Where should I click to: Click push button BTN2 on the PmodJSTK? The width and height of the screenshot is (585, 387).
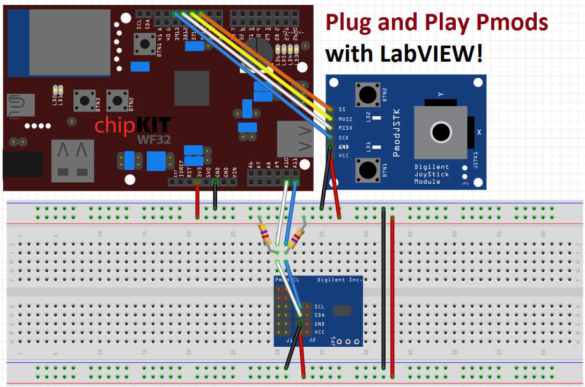367,94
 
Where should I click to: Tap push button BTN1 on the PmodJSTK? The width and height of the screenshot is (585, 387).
367,170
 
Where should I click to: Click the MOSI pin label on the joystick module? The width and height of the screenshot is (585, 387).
346,118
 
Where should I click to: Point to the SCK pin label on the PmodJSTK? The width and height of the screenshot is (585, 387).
345,137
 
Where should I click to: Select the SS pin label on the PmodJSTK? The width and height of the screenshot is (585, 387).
342,109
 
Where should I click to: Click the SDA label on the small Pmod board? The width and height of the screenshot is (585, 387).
320,315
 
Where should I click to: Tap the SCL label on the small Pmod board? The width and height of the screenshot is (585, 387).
320,307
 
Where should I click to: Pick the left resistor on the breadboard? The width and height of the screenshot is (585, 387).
264,234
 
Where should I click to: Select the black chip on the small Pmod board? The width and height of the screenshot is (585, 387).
342,310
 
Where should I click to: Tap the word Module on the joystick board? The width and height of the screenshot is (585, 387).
427,182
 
